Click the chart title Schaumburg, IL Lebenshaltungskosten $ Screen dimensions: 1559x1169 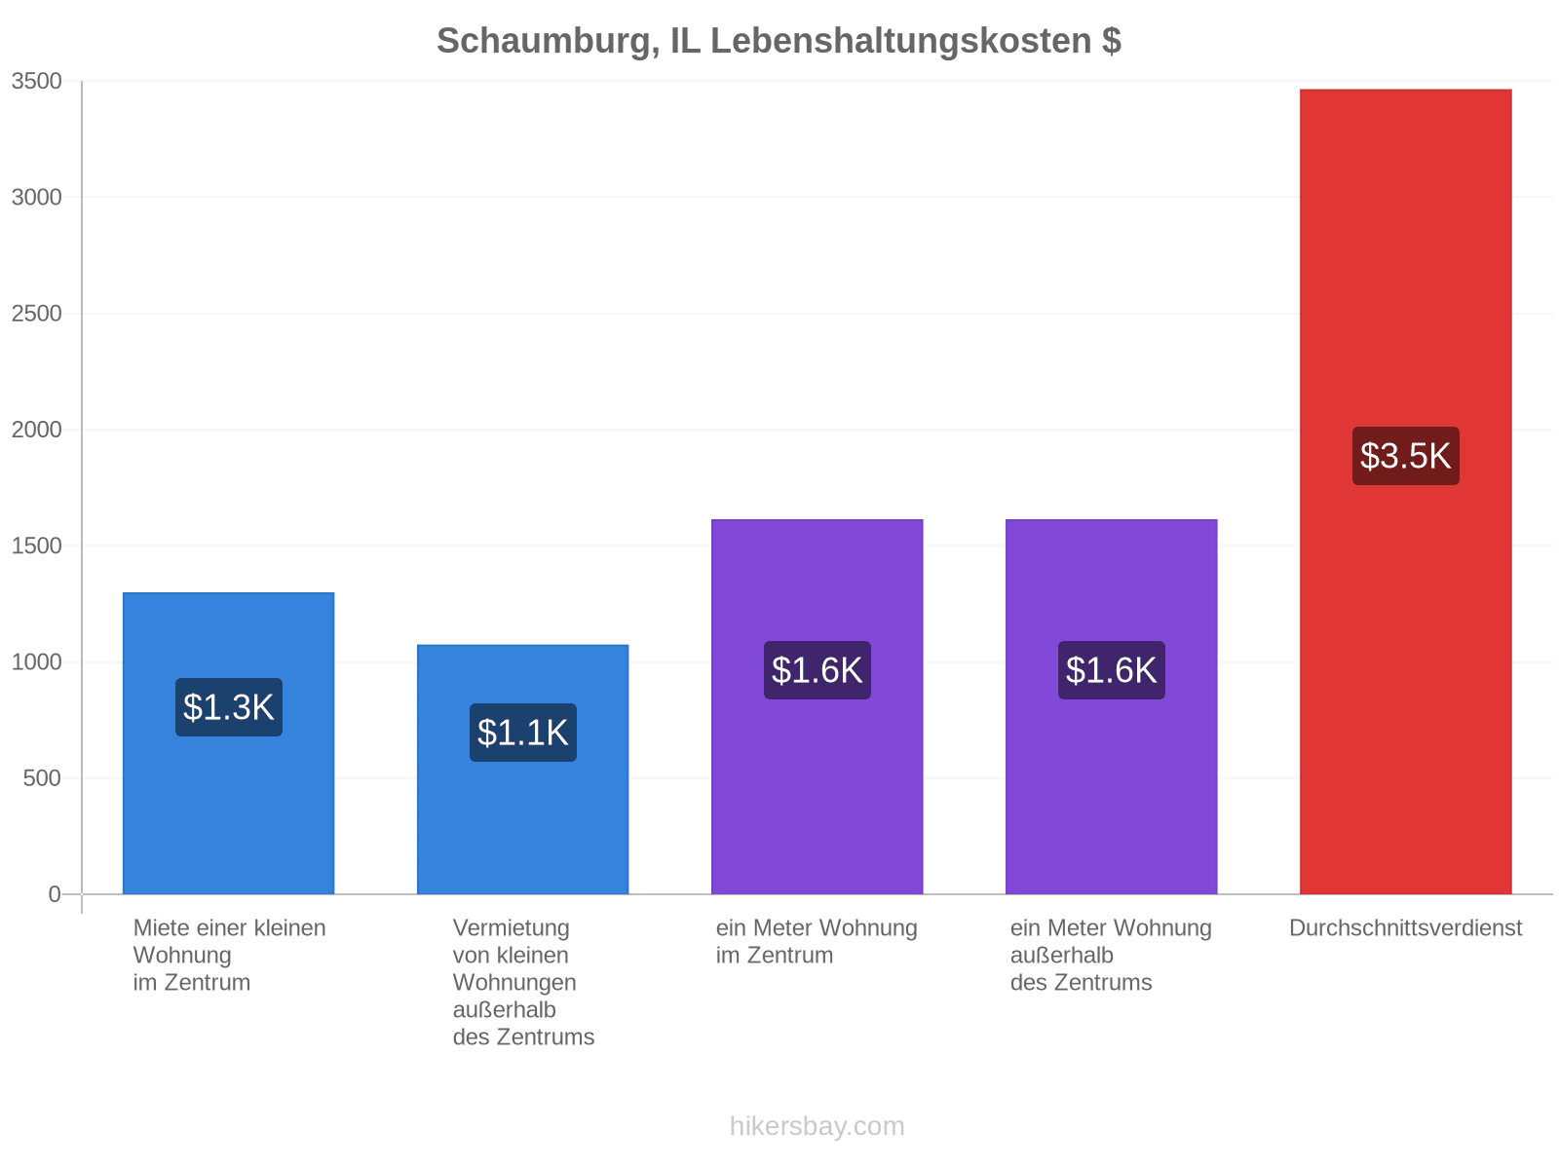point(779,41)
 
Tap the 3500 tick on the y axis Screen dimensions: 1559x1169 point(36,81)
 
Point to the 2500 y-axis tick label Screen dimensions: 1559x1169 point(36,313)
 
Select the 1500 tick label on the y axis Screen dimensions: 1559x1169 point(36,546)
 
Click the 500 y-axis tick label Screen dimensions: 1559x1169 point(42,778)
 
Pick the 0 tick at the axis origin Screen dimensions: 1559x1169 point(54,893)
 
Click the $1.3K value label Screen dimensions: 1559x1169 point(229,707)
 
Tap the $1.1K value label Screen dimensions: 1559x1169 point(522,733)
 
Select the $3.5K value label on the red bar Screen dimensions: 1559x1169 point(1405,456)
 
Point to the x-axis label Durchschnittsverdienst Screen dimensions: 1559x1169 point(1405,927)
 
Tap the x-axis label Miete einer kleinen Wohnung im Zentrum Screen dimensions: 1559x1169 point(229,955)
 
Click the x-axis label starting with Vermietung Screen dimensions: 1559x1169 point(522,982)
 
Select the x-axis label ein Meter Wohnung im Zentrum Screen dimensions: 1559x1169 point(817,941)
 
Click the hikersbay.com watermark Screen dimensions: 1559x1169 point(817,1126)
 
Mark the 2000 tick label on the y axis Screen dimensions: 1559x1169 point(36,430)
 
